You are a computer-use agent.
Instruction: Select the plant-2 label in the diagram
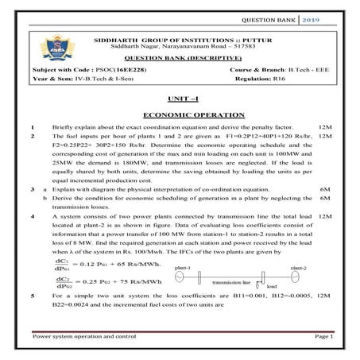300,269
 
